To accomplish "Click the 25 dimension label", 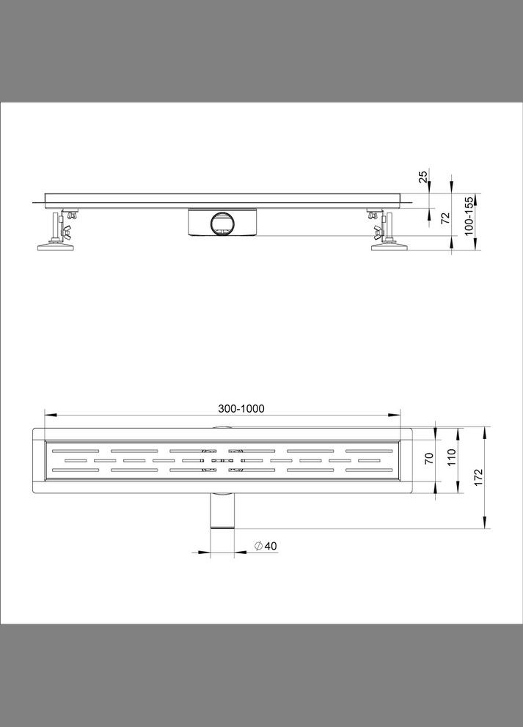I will tap(423, 177).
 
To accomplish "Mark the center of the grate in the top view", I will tap(223, 460).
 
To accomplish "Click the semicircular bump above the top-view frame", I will tap(222, 428).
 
